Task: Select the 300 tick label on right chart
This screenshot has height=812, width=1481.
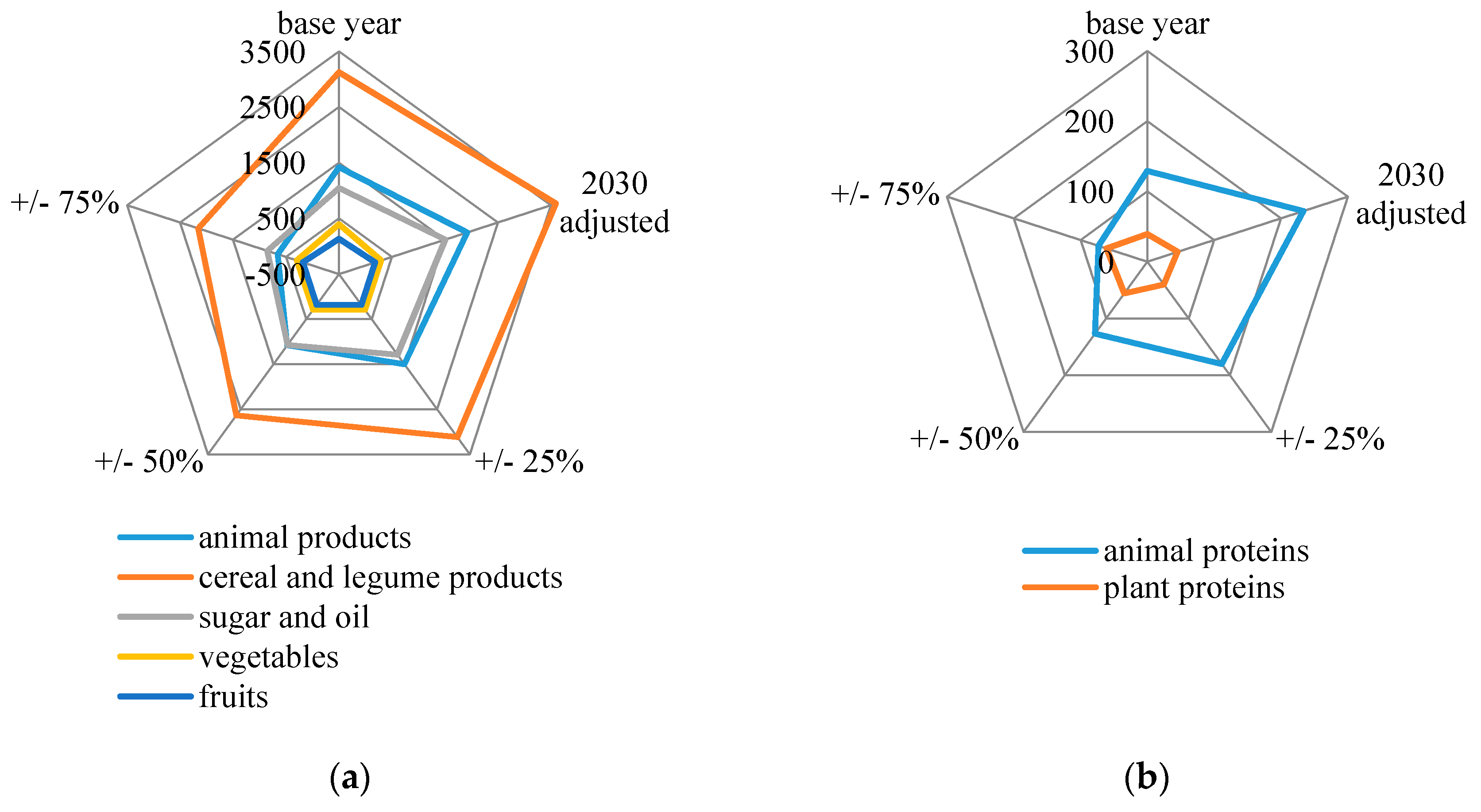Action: [1088, 52]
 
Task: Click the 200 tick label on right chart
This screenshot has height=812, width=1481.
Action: [1088, 122]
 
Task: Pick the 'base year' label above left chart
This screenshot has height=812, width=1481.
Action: [339, 24]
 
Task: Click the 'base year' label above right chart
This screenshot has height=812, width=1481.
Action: [1148, 24]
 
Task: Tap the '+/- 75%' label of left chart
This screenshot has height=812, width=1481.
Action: [64, 202]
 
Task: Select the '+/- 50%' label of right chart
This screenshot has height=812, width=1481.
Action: [964, 439]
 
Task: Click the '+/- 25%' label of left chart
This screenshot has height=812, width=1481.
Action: [529, 461]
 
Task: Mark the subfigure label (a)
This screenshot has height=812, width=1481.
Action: [350, 778]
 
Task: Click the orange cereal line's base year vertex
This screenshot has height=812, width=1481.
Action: [339, 71]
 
